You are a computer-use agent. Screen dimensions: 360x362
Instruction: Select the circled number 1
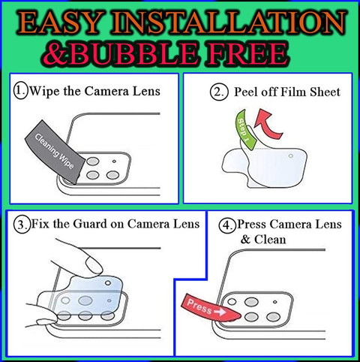[x=21, y=91]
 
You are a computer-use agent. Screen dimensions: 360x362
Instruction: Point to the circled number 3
[x=22, y=225]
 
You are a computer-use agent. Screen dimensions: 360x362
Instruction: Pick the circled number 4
[x=227, y=225]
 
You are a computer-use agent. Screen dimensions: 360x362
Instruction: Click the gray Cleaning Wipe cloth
[x=55, y=152]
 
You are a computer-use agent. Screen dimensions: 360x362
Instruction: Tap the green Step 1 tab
[x=245, y=130]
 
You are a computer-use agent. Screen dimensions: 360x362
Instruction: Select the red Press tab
[x=210, y=309]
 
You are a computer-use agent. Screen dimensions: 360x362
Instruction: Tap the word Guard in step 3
[x=89, y=224]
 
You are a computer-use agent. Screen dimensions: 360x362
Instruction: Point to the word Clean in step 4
[x=270, y=240]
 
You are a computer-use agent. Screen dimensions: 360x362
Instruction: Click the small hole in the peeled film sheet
[x=291, y=156]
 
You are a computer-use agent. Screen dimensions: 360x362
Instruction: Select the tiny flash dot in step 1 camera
[x=114, y=161]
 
